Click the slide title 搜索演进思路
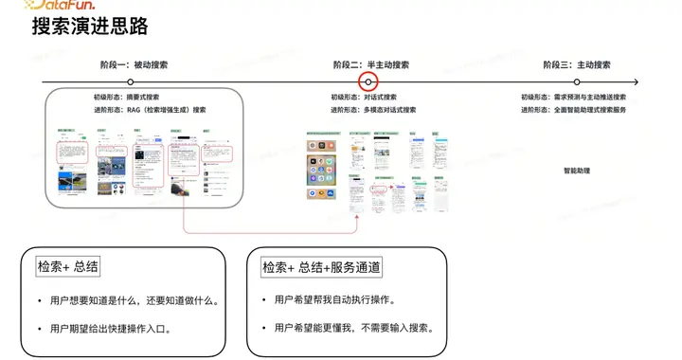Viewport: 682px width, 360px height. coord(90,27)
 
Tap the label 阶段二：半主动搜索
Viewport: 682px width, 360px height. coord(371,65)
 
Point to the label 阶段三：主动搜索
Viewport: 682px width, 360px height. coord(577,65)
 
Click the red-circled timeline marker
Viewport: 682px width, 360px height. coord(369,82)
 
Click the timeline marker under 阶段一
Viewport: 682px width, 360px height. coord(131,82)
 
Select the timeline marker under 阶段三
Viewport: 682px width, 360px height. coord(576,82)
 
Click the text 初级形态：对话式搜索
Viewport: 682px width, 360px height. coord(364,97)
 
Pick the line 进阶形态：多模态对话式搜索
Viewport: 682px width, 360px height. coord(373,110)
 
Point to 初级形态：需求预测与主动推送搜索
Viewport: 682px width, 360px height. coord(573,97)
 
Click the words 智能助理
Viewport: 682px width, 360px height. coord(577,171)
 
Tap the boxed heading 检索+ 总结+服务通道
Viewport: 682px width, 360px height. coord(322,268)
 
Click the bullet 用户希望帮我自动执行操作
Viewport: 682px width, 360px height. coord(327,301)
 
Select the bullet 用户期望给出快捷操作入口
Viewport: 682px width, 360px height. coord(129,328)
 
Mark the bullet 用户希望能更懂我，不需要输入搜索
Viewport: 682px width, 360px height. coord(346,328)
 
